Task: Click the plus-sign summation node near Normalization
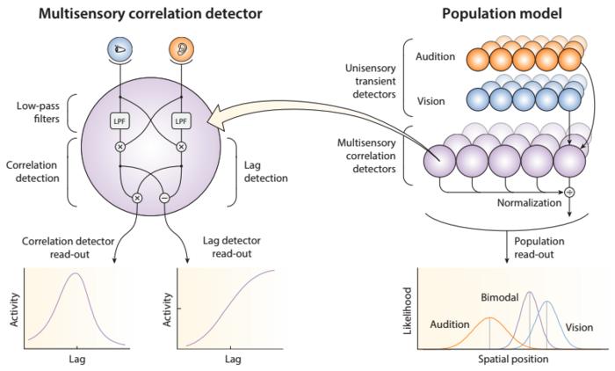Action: point(569,191)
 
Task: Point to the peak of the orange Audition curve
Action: point(489,317)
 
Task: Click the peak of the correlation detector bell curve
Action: point(76,273)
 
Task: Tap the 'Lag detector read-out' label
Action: point(226,244)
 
